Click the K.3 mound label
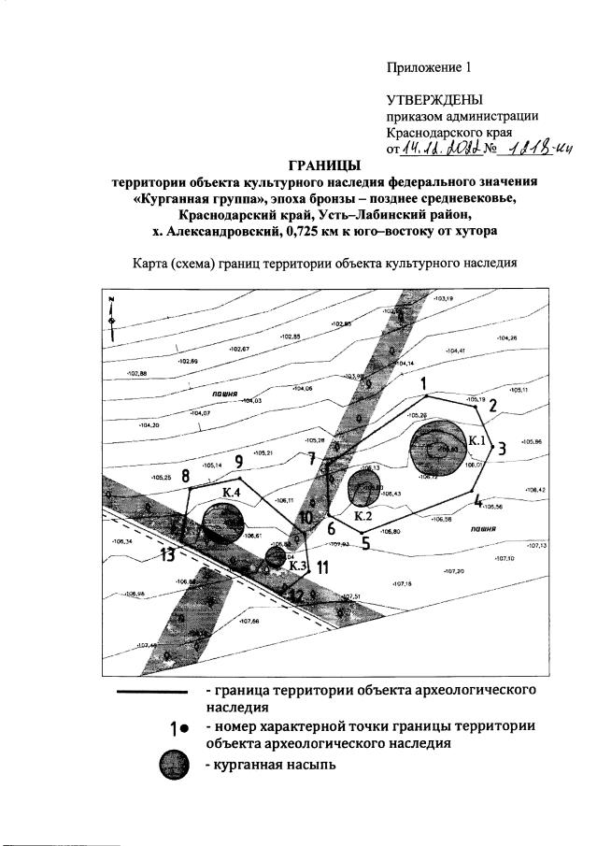click(298, 564)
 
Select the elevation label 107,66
click(249, 622)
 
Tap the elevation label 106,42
click(535, 490)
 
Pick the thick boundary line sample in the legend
click(150, 693)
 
